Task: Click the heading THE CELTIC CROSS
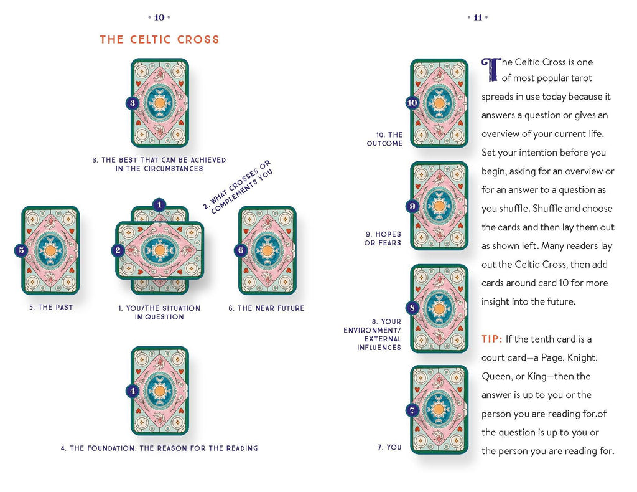pos(159,39)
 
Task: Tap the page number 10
pos(159,17)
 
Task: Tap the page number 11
pos(478,17)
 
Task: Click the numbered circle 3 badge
pos(132,103)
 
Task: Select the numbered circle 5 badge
pos(22,250)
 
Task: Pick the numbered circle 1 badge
pos(159,204)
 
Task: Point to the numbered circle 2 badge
pos(117,250)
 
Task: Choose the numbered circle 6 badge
pos(241,250)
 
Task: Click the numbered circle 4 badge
pos(132,391)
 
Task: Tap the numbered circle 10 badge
pos(412,103)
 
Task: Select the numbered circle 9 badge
pos(412,206)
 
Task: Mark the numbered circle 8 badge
pos(412,308)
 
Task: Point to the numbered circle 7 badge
pos(412,410)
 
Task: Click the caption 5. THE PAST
pos(51,307)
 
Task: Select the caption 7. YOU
pos(389,447)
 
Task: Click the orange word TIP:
pos(491,339)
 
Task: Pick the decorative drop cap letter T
pos(491,69)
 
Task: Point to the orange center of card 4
pos(159,390)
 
